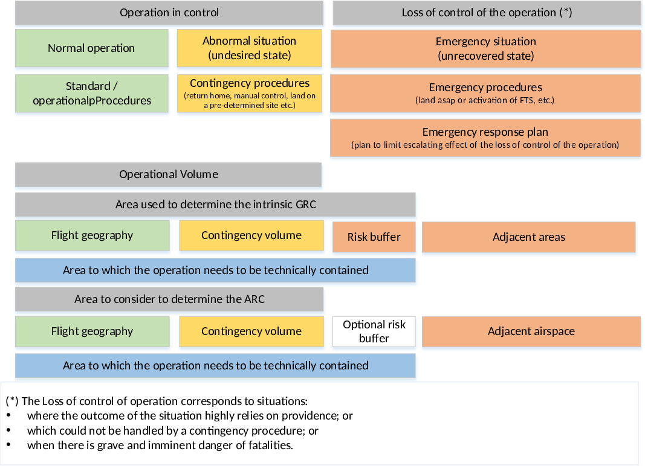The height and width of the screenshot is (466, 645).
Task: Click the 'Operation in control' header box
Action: [x=169, y=13]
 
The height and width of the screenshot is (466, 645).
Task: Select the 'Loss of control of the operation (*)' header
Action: [x=487, y=13]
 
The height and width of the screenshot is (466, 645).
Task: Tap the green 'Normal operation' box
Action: [x=92, y=48]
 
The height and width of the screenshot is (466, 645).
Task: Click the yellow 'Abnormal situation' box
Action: [x=249, y=48]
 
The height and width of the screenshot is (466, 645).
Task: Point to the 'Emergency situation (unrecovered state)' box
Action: [x=486, y=48]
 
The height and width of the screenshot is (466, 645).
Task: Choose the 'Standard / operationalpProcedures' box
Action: [x=92, y=94]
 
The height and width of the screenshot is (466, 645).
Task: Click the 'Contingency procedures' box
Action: [x=249, y=94]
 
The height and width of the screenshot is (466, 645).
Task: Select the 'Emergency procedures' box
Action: [x=485, y=94]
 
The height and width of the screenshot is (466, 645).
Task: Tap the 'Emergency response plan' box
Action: [x=485, y=138]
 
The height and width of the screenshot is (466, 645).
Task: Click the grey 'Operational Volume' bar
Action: [x=168, y=174]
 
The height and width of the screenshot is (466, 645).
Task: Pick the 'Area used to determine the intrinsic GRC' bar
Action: [x=215, y=205]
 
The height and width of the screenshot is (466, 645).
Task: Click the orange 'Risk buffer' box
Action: [x=374, y=237]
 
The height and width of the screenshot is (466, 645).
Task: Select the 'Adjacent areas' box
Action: [x=528, y=237]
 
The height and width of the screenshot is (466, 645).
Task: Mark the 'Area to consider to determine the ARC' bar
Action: [x=169, y=299]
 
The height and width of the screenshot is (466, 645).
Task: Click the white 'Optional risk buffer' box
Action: [x=374, y=331]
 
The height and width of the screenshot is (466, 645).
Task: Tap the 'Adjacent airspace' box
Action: [x=531, y=331]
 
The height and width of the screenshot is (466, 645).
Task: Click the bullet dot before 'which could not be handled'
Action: [x=8, y=430]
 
